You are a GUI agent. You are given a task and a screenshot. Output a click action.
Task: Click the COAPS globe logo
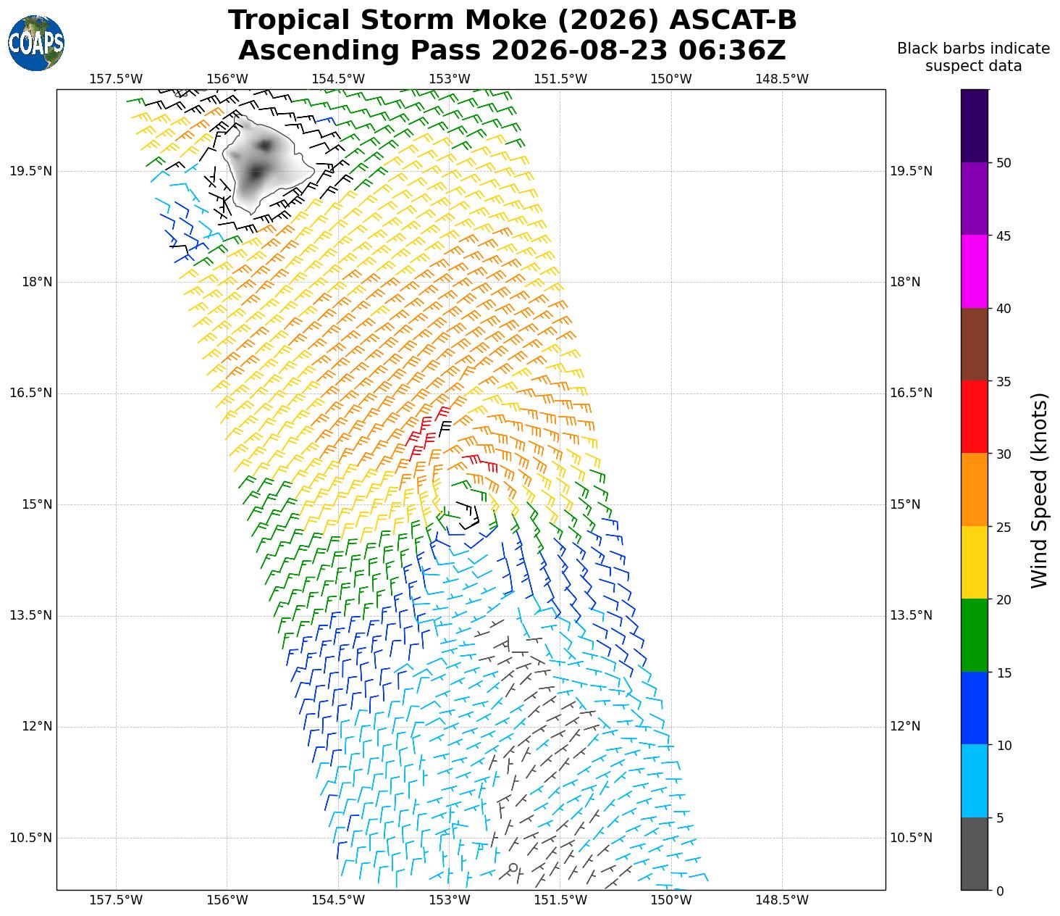point(36,43)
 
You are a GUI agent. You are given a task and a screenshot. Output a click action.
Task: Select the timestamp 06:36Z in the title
point(732,50)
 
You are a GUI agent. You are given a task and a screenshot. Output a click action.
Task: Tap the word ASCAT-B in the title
point(733,20)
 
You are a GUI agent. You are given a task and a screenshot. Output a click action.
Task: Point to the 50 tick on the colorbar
point(990,162)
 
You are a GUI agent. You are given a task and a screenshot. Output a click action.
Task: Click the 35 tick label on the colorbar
point(1003,381)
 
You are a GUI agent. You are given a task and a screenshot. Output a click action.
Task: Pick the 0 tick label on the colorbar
point(999,891)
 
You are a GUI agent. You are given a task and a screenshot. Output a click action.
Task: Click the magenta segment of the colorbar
point(974,272)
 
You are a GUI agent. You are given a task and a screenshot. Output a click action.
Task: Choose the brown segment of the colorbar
point(974,344)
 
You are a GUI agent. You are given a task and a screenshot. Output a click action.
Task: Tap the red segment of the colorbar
point(974,417)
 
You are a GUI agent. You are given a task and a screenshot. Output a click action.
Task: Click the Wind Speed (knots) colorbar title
point(1038,491)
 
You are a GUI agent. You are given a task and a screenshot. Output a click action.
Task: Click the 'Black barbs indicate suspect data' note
point(973,57)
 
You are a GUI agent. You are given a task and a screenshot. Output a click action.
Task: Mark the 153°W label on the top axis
point(449,79)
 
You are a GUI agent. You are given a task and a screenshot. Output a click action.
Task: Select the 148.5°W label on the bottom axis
point(781,900)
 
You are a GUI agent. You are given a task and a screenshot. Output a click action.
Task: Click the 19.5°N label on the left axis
point(30,171)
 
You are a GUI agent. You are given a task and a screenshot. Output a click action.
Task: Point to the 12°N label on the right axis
point(905,727)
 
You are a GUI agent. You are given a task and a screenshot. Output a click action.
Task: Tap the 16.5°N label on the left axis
point(30,393)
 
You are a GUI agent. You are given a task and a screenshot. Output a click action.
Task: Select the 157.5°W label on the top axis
point(116,79)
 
